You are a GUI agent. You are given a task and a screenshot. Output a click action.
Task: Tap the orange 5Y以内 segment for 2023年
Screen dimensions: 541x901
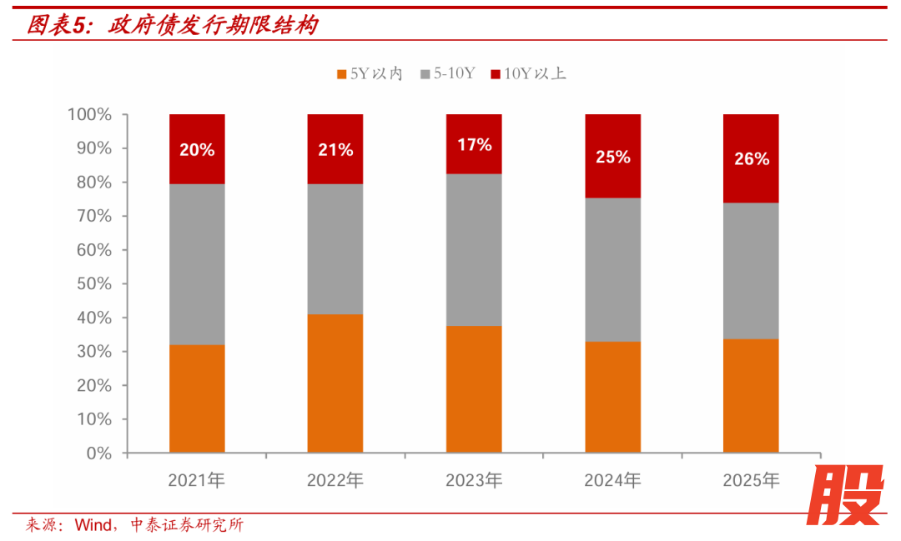coord(474,389)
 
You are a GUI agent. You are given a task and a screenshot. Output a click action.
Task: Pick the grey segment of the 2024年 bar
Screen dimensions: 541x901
coord(612,269)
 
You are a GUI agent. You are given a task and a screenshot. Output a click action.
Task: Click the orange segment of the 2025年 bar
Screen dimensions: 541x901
coord(751,396)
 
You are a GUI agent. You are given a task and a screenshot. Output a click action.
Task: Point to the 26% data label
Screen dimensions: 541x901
coord(751,158)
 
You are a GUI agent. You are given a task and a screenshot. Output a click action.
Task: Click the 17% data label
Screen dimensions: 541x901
coord(474,145)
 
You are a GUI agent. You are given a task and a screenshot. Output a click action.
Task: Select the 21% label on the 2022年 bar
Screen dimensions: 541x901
coord(335,150)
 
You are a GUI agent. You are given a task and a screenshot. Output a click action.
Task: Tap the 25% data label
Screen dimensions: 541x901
coord(612,156)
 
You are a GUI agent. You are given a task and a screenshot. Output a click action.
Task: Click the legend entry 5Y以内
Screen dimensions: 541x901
coord(370,73)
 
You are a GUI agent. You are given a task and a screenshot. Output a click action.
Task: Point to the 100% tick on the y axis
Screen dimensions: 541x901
coord(88,114)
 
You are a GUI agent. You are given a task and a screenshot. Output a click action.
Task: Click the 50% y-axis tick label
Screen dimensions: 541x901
coord(93,284)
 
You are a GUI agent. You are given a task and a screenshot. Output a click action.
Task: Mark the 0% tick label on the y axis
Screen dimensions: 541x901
coord(98,453)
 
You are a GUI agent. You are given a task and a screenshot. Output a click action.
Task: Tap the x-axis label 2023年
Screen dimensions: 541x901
coord(474,481)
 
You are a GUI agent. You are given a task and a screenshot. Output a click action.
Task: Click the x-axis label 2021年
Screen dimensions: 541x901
coord(197,481)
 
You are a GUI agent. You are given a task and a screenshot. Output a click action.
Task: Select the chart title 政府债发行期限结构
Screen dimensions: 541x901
coord(213,26)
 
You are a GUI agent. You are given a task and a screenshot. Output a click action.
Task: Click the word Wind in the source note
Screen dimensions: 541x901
coord(93,525)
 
